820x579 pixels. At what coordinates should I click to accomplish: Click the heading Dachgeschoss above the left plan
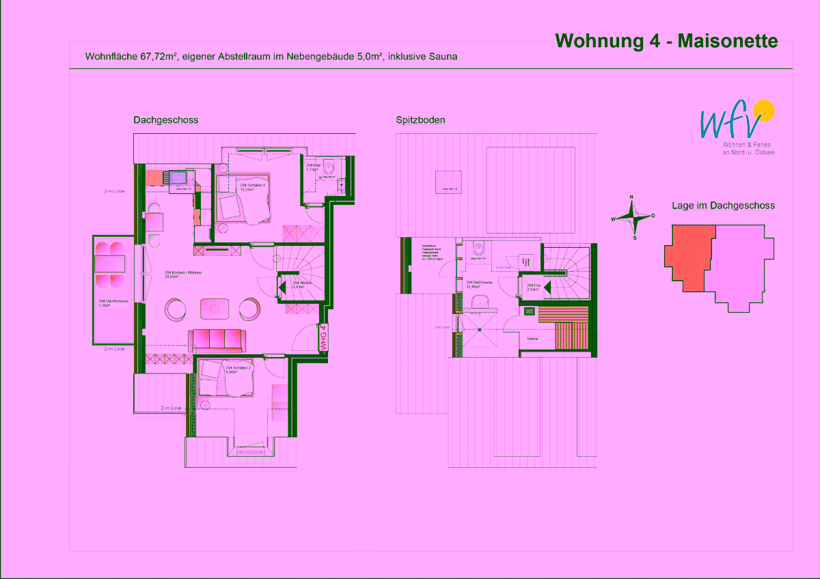pos(165,120)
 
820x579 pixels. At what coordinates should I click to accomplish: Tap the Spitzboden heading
pos(420,120)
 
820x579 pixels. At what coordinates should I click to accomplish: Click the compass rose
pos(633,218)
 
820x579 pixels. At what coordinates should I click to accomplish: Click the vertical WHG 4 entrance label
pos(324,338)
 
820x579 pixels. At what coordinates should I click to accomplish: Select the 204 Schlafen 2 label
pos(238,369)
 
